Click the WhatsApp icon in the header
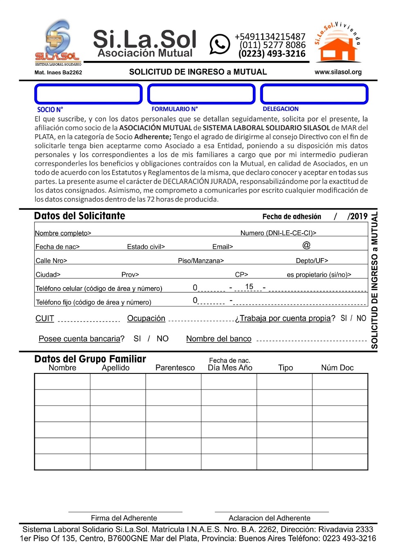coord(220,44)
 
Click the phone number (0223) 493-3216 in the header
coord(272,54)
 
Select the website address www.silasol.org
coord(338,72)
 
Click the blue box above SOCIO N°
coord(88,94)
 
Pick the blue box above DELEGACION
coord(314,94)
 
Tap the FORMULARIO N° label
coord(175,109)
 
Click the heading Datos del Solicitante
coord(80,216)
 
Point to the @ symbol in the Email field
coord(306,245)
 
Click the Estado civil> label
coord(146,247)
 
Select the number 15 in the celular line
coord(249,287)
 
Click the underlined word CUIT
coord(45,318)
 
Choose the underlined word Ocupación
coord(146,318)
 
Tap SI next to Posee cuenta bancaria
coord(137,339)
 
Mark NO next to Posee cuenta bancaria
coord(162,339)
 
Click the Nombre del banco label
coord(219,339)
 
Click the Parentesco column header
coord(175,368)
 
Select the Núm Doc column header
coord(337,368)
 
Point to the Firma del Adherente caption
coord(124,518)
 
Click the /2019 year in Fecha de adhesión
coord(358,216)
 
